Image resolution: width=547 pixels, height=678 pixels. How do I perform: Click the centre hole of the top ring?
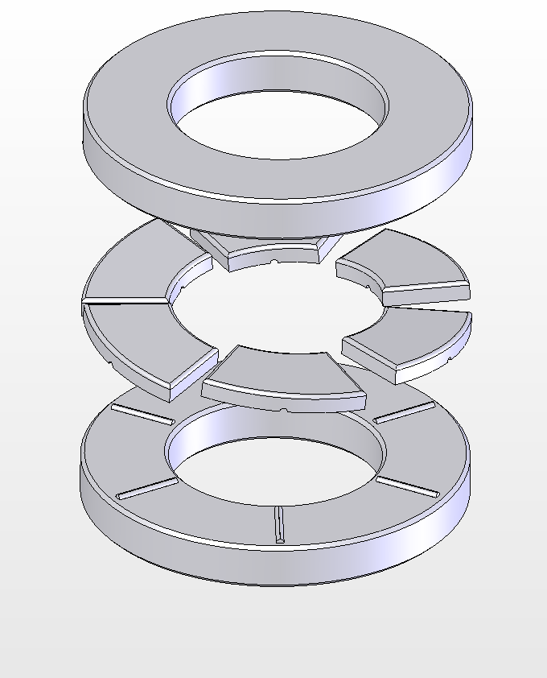click(x=278, y=121)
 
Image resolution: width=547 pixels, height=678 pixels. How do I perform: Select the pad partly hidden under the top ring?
click(x=265, y=246)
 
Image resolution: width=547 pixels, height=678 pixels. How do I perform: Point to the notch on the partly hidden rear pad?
click(x=275, y=262)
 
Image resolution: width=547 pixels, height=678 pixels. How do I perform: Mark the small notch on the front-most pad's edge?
click(x=285, y=409)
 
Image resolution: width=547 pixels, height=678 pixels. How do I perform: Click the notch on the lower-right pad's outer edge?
click(x=447, y=354)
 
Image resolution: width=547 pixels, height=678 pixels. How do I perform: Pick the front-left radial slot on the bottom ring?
click(x=147, y=488)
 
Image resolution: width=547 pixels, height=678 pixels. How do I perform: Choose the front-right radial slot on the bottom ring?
click(x=408, y=486)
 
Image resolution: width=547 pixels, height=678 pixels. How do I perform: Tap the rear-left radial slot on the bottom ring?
click(x=142, y=414)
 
